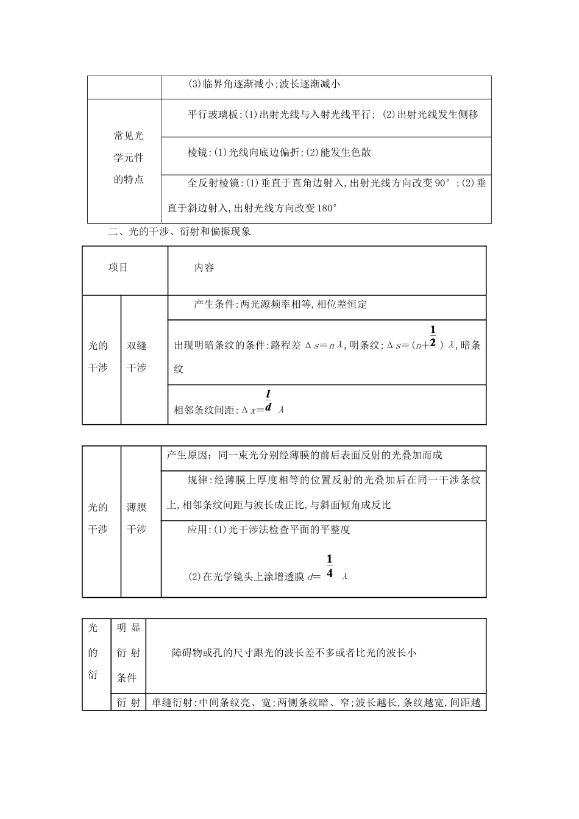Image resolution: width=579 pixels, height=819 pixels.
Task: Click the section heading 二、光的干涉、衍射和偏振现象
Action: [x=179, y=232]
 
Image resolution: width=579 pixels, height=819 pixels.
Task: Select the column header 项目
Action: [x=118, y=268]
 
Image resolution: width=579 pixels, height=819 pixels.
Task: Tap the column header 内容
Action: [x=204, y=268]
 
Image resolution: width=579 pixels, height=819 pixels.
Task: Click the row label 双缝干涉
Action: [x=137, y=356]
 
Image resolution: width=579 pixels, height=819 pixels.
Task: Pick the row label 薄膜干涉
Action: [x=137, y=518]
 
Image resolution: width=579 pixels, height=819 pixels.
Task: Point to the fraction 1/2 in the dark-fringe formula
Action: [x=433, y=336]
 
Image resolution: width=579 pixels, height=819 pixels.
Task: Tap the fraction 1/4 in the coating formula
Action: [x=329, y=567]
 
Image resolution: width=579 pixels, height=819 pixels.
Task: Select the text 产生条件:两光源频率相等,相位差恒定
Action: [x=280, y=305]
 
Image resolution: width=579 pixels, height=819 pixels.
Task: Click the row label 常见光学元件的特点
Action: [x=129, y=157]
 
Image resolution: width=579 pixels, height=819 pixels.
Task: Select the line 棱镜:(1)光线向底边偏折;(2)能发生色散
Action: [x=280, y=152]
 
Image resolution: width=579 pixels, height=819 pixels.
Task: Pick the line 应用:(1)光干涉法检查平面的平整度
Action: [x=269, y=530]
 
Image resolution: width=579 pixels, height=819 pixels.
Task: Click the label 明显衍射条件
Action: [x=128, y=653]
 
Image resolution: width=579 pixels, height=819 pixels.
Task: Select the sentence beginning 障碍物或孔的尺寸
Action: [x=294, y=653]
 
